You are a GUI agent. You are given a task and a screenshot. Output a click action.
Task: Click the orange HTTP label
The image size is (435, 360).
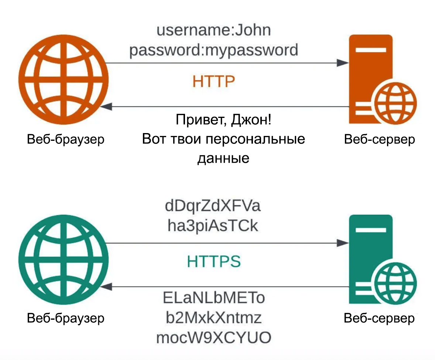point(213,81)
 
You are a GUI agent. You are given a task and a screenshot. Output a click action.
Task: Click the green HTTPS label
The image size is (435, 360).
point(214,262)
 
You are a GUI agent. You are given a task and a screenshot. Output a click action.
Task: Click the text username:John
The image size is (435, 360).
point(214,30)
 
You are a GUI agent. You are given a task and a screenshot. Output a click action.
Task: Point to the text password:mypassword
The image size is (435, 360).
point(214,50)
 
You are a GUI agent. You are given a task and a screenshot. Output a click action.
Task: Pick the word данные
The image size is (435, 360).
point(223,158)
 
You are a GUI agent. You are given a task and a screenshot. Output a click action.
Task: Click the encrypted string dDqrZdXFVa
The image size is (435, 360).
point(213,206)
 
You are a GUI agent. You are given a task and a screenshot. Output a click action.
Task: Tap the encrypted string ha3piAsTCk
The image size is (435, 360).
point(213,226)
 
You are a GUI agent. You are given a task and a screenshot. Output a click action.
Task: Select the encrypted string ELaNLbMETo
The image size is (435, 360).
point(214,298)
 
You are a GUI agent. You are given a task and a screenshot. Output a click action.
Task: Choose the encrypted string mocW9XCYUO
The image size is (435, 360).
point(214,337)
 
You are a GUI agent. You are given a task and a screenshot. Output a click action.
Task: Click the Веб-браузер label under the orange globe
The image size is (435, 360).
point(66,139)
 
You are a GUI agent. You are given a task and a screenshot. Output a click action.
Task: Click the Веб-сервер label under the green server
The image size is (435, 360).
point(379,318)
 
